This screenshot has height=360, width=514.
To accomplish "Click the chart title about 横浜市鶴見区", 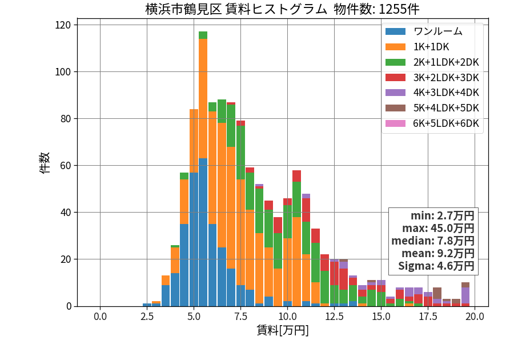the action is (x=282, y=9).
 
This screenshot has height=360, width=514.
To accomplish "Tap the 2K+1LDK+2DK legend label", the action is (x=446, y=62).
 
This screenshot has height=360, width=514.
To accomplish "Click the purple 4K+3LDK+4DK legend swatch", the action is (x=395, y=93).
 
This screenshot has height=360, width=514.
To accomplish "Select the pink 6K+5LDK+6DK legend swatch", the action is (x=395, y=123).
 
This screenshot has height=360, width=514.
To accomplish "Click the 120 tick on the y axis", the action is (x=63, y=25).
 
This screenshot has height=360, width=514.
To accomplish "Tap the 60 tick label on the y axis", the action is (x=66, y=166).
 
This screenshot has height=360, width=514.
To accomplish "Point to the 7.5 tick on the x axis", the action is (x=240, y=317).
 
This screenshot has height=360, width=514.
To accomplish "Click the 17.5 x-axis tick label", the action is (x=428, y=317).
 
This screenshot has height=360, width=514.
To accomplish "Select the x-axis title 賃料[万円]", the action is (x=283, y=330).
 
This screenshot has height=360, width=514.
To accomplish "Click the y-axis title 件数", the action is (x=44, y=163).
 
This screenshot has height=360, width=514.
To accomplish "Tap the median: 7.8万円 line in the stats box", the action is (x=433, y=241).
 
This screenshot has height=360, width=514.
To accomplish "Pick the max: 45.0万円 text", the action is (x=438, y=228).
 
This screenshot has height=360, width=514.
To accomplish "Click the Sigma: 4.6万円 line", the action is (x=436, y=266).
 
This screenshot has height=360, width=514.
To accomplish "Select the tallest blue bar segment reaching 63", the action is (x=203, y=232).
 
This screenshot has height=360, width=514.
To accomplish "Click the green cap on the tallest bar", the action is (x=203, y=35).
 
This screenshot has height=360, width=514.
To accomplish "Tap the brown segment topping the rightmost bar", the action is (x=465, y=285).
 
